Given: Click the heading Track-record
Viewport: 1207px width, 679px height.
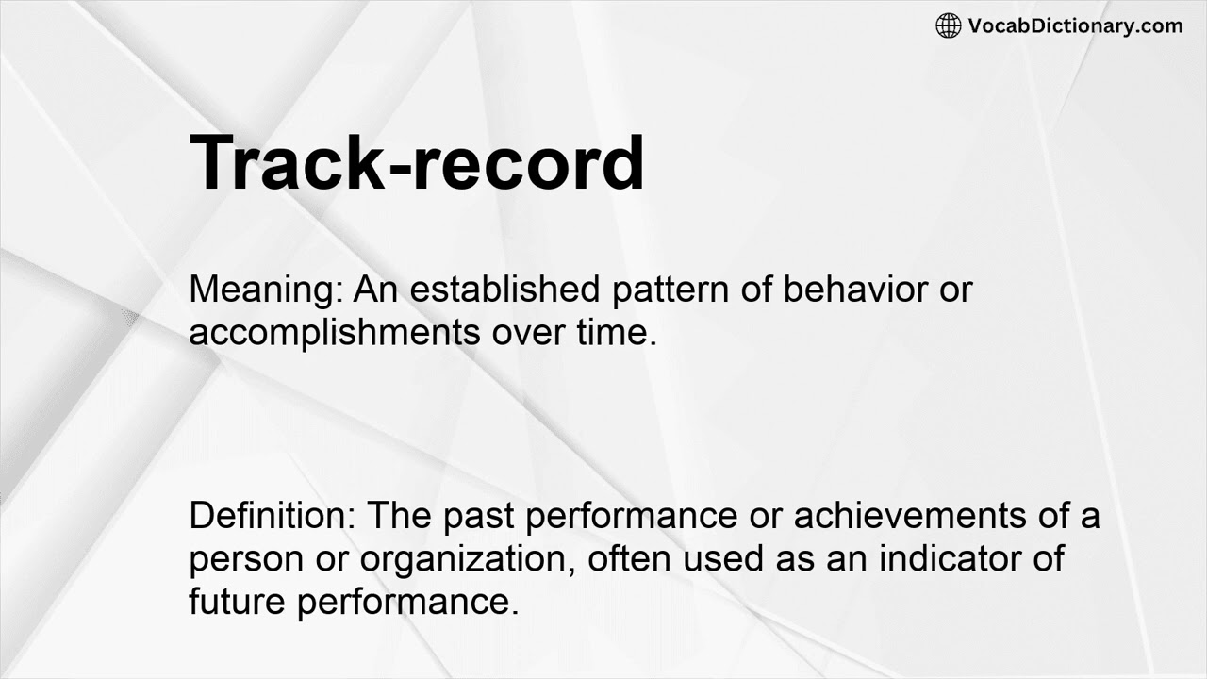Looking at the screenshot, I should [417, 163].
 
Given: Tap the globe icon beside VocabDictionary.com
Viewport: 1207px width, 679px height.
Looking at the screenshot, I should [948, 25].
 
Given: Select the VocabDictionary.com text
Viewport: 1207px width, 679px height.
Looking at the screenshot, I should [1075, 25].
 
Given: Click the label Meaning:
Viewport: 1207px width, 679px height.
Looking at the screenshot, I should [267, 290].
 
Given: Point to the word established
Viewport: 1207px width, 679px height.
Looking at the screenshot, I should [504, 290].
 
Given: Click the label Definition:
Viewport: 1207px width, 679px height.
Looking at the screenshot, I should [272, 516].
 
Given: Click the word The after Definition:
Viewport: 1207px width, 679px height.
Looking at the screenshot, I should [395, 516].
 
